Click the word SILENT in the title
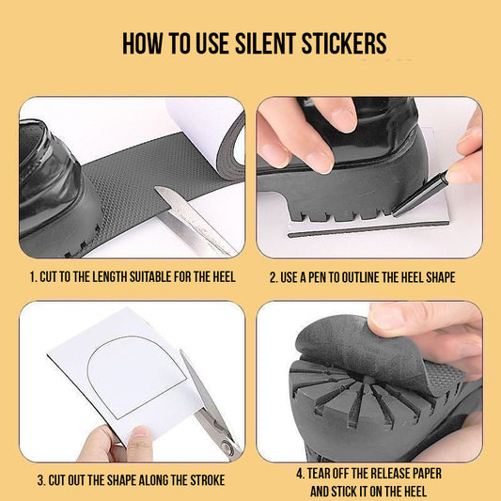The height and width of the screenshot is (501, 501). click(265, 43)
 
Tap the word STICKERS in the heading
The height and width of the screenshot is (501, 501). click(344, 43)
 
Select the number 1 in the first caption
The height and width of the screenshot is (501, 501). click(32, 277)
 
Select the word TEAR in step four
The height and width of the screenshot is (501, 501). click(318, 474)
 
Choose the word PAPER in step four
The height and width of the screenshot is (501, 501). click(427, 474)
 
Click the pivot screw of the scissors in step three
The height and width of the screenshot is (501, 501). click(227, 446)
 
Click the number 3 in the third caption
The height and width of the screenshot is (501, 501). click(40, 480)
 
